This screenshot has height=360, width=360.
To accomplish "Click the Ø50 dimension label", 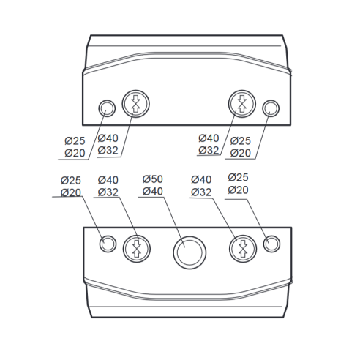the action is (x=153, y=179).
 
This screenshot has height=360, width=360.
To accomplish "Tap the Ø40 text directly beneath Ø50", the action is (x=153, y=191).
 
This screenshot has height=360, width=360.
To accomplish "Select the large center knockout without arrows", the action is (x=190, y=252).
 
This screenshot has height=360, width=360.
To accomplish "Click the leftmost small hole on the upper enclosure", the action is (x=107, y=108).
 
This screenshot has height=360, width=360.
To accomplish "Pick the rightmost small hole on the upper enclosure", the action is (x=271, y=108).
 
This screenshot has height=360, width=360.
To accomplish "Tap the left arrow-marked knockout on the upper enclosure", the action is (x=135, y=104).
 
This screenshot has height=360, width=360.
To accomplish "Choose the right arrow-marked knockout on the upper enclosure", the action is (x=242, y=104).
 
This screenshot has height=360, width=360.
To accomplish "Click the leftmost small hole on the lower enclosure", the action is (x=108, y=244).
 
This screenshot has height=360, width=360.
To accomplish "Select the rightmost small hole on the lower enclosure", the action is (x=271, y=244).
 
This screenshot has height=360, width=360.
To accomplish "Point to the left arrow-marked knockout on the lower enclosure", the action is (x=137, y=249).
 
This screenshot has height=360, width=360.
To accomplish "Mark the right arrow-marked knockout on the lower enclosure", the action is (x=243, y=249).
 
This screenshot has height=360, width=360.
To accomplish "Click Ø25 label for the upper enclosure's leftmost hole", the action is (x=75, y=140).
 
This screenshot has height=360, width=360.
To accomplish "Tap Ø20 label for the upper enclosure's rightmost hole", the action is (x=241, y=153).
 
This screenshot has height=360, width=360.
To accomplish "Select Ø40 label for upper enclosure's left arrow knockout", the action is (x=108, y=138).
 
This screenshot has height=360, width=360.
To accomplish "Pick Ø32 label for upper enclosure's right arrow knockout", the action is (x=209, y=150).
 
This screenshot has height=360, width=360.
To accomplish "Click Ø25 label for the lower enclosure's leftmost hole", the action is (x=71, y=181).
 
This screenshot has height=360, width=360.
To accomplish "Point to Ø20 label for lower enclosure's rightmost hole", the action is (x=239, y=190).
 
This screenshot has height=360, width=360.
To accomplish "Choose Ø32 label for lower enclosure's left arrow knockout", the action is (x=108, y=192).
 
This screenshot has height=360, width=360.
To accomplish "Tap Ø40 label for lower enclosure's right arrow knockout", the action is (x=201, y=180).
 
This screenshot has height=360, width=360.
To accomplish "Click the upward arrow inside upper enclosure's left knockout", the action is (x=135, y=108).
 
